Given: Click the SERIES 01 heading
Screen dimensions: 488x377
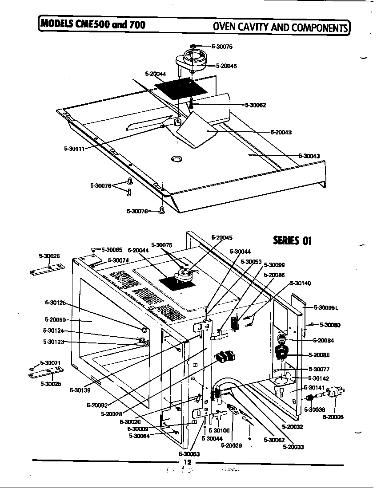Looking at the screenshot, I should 292,240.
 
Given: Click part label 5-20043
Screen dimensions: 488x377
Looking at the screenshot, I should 281,132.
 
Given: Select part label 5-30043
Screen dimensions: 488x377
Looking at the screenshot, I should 309,156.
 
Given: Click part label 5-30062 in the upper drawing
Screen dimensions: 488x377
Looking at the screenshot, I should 255,105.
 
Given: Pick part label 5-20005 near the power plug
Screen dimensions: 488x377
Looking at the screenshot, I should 333,417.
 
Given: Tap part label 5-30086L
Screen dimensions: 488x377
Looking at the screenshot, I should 326,307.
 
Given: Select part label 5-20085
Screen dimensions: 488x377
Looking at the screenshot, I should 319,355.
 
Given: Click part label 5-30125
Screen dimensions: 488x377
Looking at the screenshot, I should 55,303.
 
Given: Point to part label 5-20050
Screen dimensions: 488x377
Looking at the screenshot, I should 55,319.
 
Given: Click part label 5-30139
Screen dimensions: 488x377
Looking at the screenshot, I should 80,390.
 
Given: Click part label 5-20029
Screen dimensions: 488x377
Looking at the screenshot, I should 231,445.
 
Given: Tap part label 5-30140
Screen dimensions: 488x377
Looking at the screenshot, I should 301,283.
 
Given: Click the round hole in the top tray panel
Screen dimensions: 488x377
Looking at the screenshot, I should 177,158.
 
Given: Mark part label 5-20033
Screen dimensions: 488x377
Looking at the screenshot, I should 293,447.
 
